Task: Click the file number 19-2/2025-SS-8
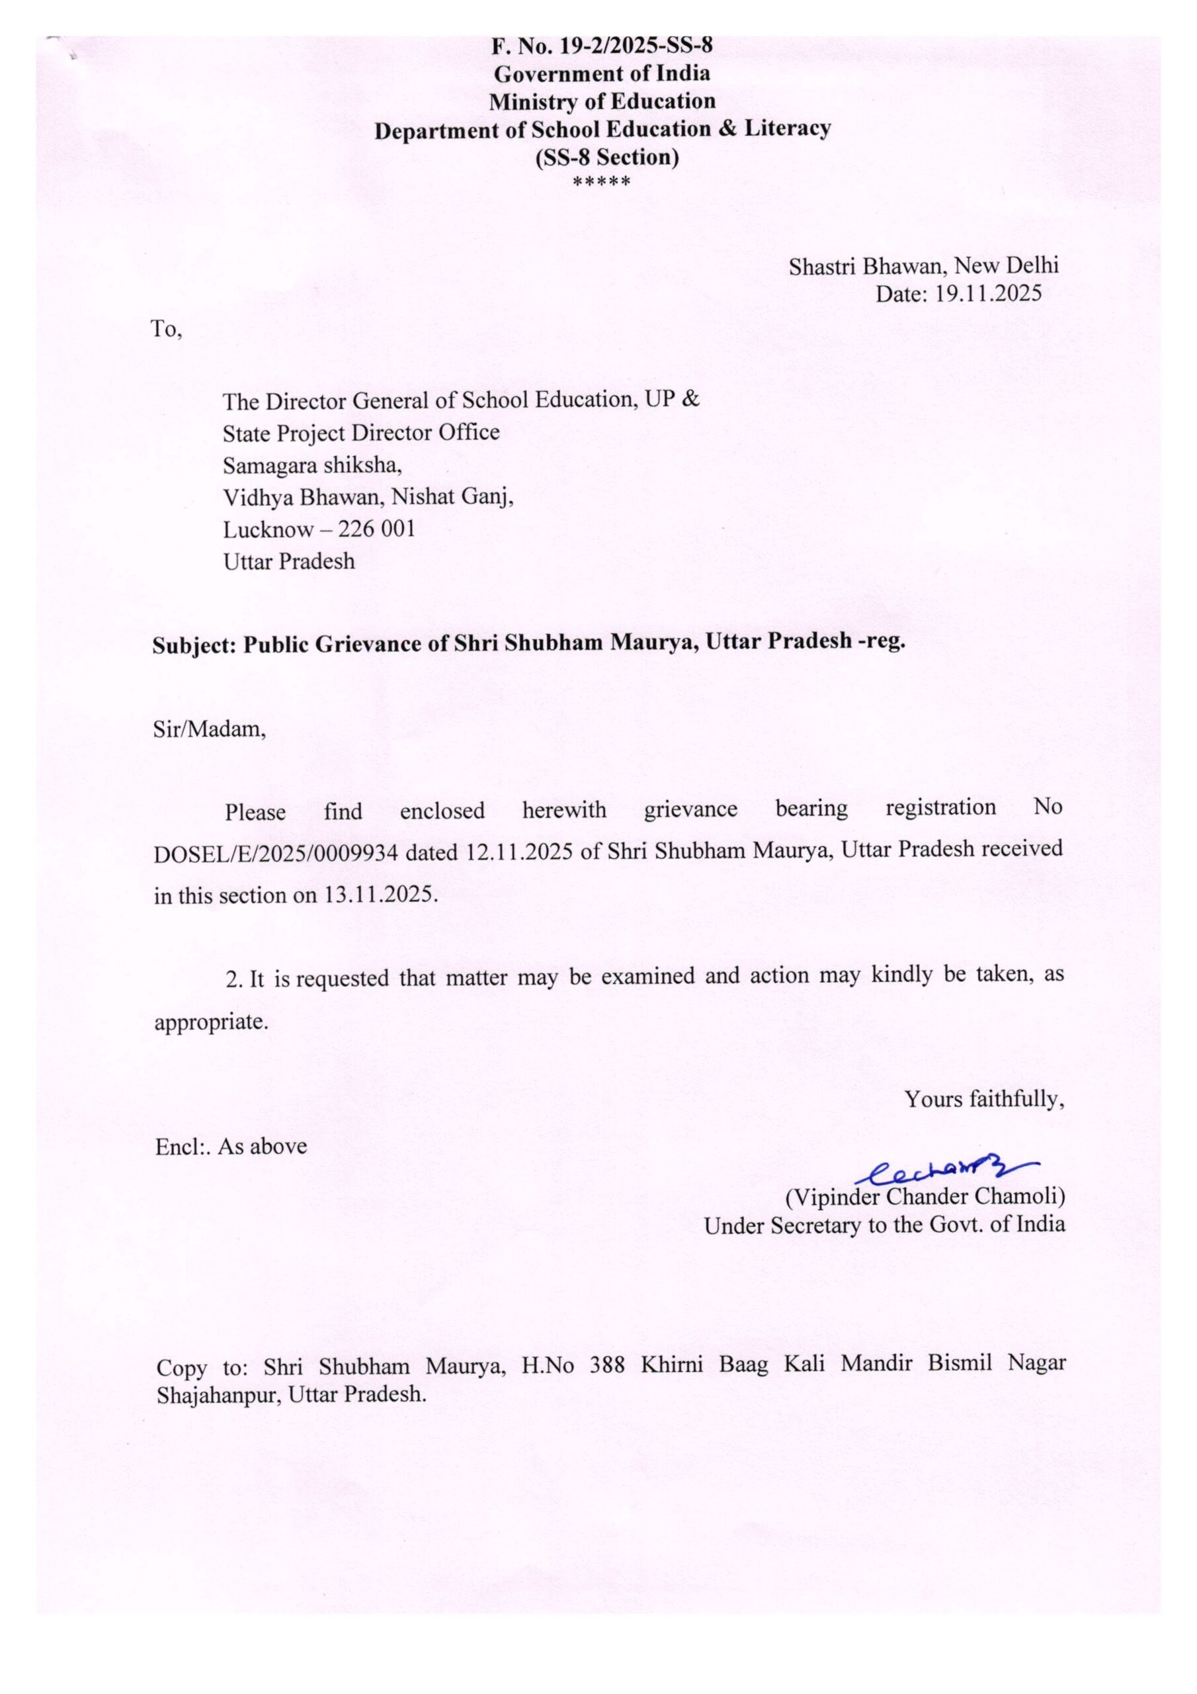(x=636, y=46)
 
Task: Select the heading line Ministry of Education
(x=602, y=101)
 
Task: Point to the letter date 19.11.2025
(x=988, y=294)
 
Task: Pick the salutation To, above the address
(x=166, y=329)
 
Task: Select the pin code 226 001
(x=376, y=529)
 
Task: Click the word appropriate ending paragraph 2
(x=210, y=1022)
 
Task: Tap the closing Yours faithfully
(x=985, y=1099)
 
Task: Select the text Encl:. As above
(x=231, y=1146)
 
